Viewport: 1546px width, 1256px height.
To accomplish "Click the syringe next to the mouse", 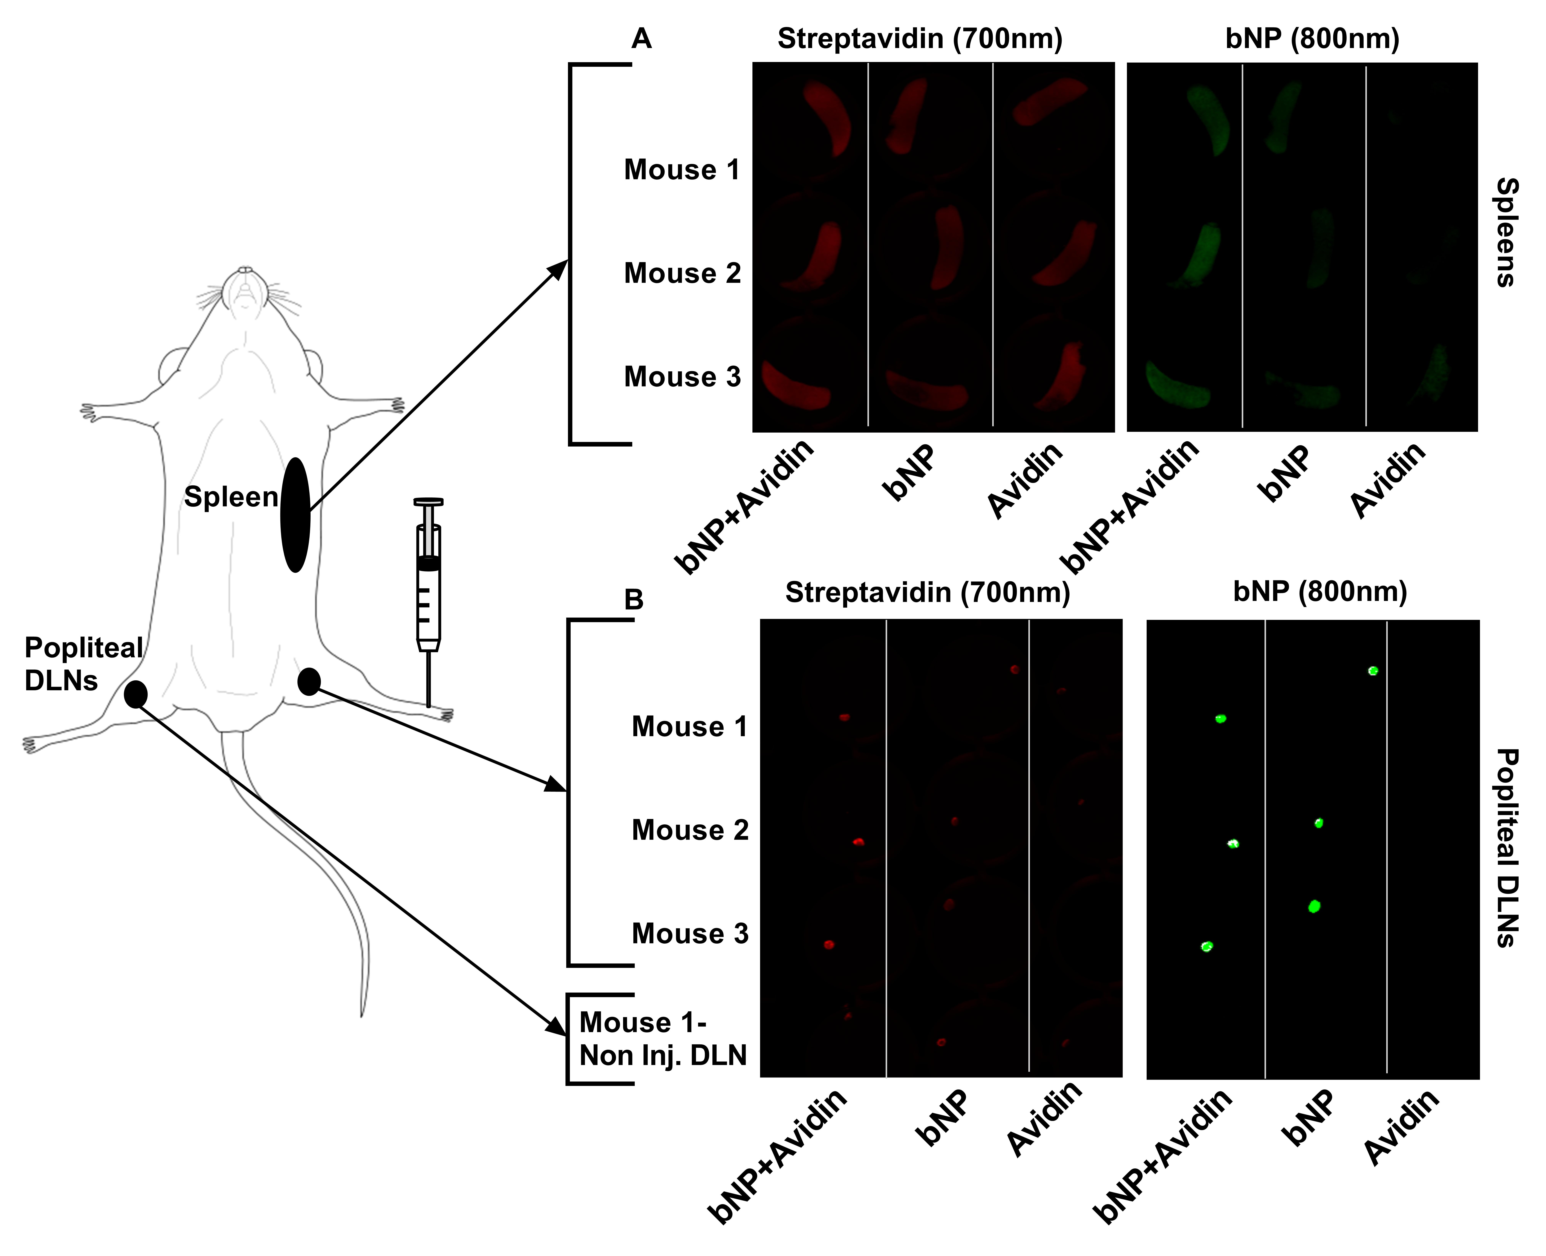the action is coord(428,602).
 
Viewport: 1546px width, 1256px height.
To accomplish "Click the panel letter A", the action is coord(641,38).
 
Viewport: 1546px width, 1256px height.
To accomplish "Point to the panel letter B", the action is coord(634,600).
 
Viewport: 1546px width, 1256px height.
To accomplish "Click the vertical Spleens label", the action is coord(1506,232).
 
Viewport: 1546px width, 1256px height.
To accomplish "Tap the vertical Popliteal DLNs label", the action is coord(1506,848).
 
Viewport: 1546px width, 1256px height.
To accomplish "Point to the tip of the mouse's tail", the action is coord(362,1015).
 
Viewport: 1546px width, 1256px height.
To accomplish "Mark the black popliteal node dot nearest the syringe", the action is coord(309,681).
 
